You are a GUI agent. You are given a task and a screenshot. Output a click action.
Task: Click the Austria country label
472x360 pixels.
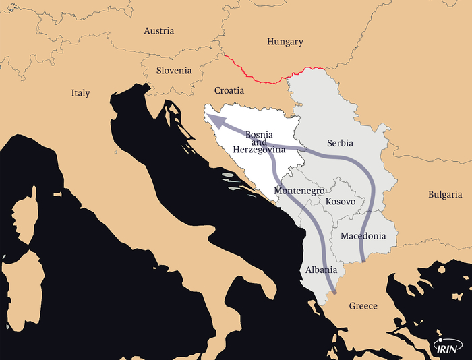pos(159,31)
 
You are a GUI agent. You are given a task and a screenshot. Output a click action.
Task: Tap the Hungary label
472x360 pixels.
pos(285,42)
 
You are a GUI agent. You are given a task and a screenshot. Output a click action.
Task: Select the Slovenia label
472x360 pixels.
pos(174,70)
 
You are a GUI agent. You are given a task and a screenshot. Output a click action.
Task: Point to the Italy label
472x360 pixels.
pos(80,93)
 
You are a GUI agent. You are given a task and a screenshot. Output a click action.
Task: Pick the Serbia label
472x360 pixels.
pos(340,144)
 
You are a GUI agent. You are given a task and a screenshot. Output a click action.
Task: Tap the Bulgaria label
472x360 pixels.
pos(445,195)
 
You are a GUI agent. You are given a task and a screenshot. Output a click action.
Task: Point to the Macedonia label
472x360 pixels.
pos(363,236)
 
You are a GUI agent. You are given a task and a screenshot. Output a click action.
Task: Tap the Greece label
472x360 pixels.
pos(363,306)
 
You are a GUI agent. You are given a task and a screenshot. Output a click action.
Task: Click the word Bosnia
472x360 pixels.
pos(260,134)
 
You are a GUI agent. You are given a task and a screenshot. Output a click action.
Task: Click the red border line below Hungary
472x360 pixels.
pos(270,80)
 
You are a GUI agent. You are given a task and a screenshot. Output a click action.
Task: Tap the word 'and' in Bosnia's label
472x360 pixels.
pos(260,142)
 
